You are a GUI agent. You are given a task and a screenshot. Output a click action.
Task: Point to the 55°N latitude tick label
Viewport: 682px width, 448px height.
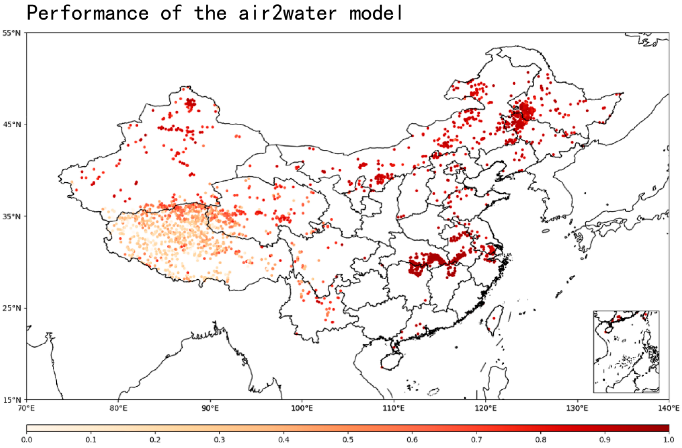12,33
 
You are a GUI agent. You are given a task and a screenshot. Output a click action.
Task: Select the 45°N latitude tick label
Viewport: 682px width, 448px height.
12,125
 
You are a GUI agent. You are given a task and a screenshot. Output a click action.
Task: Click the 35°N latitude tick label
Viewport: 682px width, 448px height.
12,217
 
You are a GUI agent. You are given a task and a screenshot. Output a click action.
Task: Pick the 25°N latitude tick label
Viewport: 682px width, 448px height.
12,308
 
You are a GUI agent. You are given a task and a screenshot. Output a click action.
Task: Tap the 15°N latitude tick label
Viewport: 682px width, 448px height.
12,400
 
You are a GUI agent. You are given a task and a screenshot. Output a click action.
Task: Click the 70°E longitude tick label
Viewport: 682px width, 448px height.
27,409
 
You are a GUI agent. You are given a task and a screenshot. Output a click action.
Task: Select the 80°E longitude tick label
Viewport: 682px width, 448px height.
118,409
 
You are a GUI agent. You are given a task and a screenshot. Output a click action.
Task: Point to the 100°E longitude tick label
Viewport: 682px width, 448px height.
302,409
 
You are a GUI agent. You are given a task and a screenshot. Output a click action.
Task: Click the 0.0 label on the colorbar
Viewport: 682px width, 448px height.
27,440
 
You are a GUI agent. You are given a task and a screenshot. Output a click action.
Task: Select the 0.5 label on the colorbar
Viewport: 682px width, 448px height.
348,440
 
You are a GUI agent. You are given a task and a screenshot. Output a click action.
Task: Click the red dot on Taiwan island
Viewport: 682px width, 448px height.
494,318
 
